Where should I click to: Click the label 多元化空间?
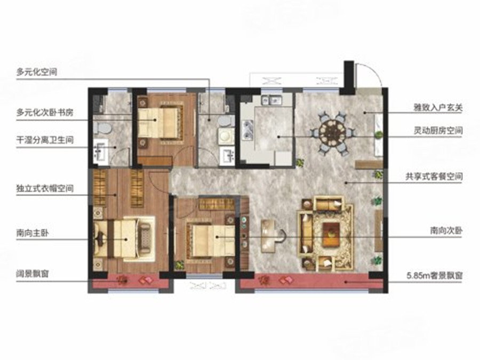37,72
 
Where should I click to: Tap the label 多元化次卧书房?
45,113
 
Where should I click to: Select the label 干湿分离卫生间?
45,140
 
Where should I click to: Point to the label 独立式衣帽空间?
45,188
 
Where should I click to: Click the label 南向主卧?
33,233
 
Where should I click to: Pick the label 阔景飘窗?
33,274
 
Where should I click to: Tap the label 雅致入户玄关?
438,108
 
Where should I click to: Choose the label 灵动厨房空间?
438,131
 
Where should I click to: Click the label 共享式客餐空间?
434,177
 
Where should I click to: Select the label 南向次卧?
446,230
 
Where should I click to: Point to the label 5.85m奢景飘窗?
434,276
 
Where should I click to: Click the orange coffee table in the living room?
331,234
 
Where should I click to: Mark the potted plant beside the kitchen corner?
300,162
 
